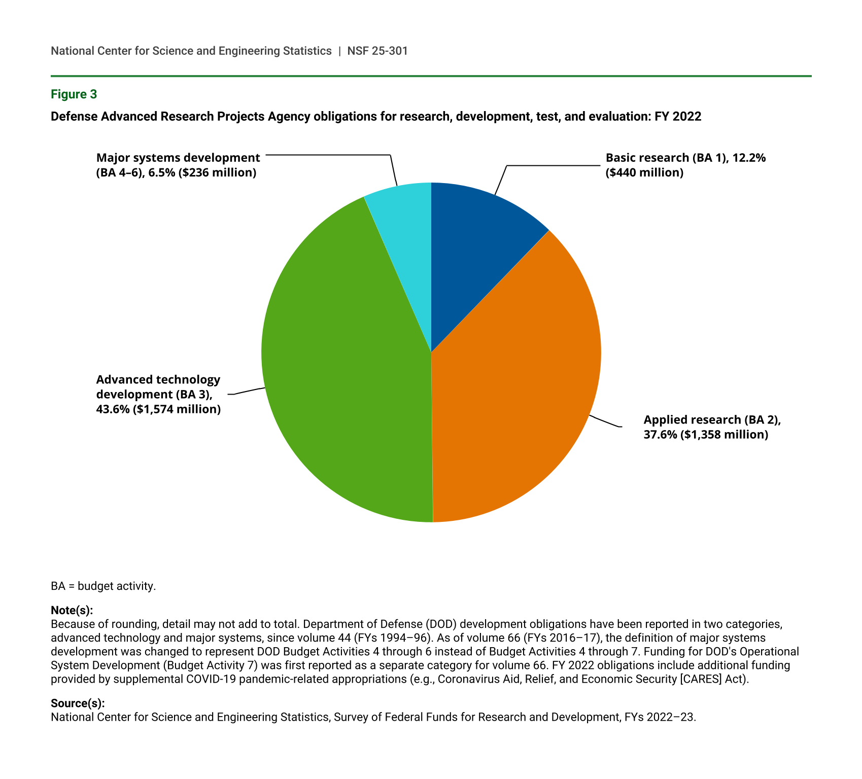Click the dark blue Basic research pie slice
(474, 243)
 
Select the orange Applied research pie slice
(512, 385)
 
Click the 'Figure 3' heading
(74, 94)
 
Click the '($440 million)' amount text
(644, 172)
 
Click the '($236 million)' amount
(218, 172)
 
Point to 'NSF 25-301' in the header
(377, 51)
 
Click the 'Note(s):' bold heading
(72, 610)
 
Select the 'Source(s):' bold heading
(78, 703)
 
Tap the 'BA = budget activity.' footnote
(103, 586)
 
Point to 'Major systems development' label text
(178, 158)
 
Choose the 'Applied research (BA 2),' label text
(712, 420)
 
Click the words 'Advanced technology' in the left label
(158, 380)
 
